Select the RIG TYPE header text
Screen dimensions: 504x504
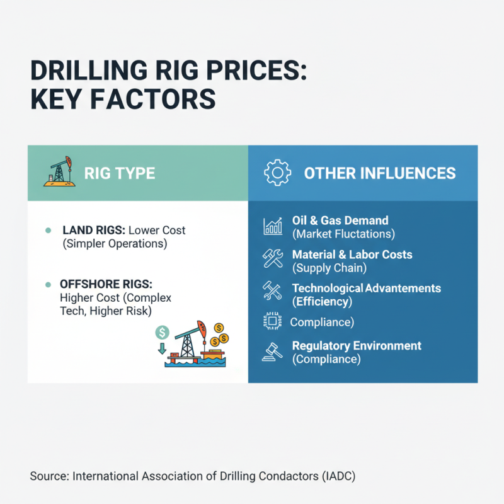coord(120,173)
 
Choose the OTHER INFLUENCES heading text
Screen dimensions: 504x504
coord(380,173)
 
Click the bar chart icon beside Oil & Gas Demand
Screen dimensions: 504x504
coord(273,227)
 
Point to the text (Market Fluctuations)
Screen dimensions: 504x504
coord(343,234)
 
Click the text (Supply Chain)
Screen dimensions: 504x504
coord(329,268)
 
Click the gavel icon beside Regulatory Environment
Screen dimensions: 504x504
coord(273,352)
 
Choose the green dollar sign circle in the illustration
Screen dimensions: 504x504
coord(163,331)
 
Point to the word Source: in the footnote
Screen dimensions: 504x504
coord(49,476)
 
